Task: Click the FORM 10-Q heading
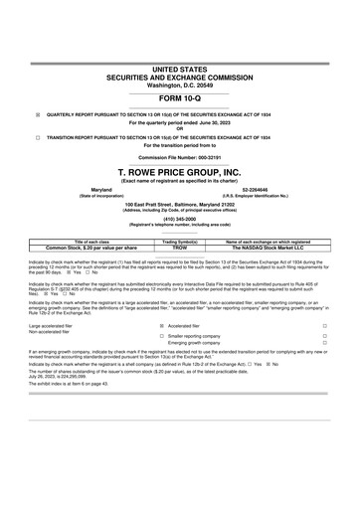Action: (179, 100)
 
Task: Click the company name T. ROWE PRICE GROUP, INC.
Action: (179, 172)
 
